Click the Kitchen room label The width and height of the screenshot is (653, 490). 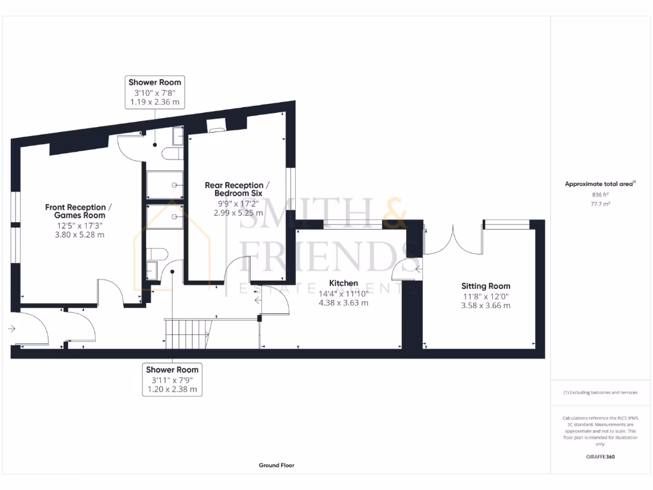click(343, 283)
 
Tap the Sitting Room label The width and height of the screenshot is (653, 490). click(486, 286)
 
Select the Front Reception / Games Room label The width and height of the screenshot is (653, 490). click(79, 211)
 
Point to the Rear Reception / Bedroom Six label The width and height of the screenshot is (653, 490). click(237, 189)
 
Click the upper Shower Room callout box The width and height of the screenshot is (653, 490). click(155, 91)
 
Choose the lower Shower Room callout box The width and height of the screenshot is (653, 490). click(172, 379)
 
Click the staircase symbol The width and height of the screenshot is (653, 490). click(187, 333)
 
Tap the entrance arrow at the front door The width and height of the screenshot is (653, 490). click(12, 329)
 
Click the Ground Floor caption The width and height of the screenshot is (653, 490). click(277, 466)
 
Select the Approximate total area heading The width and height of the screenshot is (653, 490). click(599, 184)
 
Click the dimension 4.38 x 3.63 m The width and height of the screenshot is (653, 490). click(343, 303)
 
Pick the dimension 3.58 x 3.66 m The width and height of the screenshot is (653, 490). click(486, 306)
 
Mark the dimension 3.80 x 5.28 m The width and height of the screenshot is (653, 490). click(79, 235)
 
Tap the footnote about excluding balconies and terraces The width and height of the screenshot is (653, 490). click(599, 392)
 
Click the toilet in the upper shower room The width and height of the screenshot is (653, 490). click(171, 154)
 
